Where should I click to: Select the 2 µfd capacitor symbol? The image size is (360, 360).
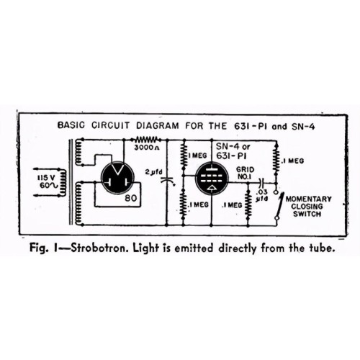(167, 180)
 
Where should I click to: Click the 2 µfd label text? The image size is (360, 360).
(154, 172)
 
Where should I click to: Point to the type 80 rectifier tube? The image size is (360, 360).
(117, 178)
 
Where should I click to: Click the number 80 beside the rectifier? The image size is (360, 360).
(131, 198)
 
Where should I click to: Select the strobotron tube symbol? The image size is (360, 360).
(212, 178)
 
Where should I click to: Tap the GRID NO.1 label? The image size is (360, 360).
(245, 173)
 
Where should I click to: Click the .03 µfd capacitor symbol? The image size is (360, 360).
(261, 183)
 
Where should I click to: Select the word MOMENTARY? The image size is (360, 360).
(308, 199)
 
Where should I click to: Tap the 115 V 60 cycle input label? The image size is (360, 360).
(48, 181)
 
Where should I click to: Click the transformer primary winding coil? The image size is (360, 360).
(63, 182)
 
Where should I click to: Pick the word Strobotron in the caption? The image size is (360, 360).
(100, 248)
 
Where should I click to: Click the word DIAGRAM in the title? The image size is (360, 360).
(158, 125)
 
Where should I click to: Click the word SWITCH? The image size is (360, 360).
(307, 214)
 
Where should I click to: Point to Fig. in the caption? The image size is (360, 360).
(37, 248)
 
